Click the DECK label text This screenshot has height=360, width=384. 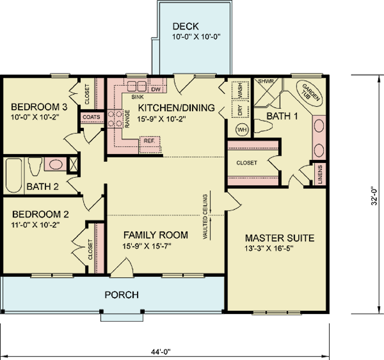coord(186,27)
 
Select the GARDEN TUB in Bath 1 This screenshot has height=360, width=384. coord(310,94)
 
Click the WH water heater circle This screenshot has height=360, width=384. coord(242,130)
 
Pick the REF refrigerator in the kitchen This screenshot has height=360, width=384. coord(148,140)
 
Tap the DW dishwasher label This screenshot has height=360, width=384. coord(156,88)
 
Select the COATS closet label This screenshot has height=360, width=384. coord(89,117)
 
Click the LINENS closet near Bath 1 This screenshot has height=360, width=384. coord(320,173)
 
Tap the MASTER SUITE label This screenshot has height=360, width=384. coord(280,238)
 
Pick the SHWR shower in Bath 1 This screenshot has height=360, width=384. coord(265,82)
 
